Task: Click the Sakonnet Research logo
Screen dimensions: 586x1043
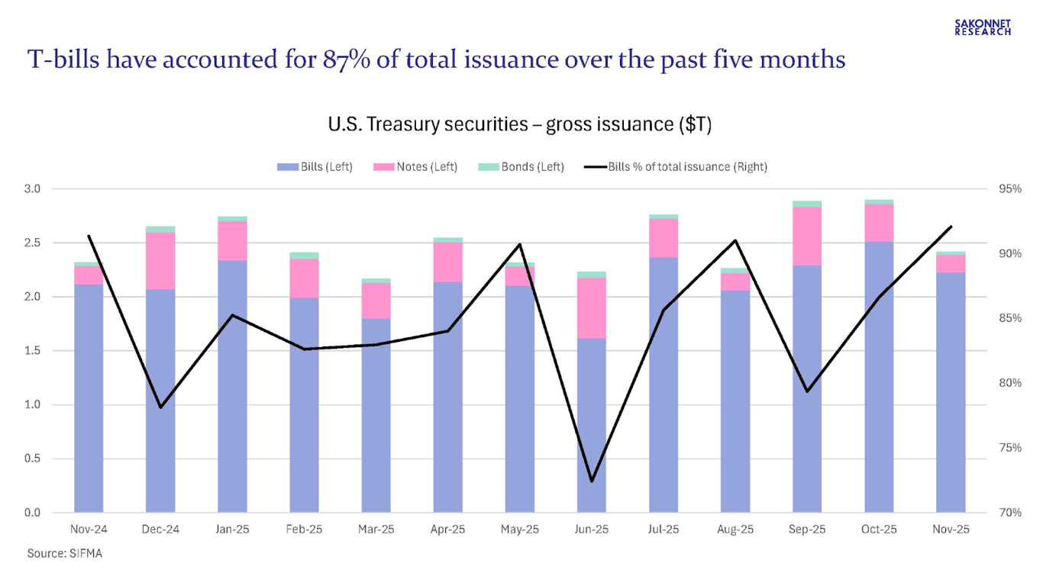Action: [983, 27]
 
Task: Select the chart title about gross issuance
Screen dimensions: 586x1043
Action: [519, 124]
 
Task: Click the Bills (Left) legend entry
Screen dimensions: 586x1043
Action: [315, 166]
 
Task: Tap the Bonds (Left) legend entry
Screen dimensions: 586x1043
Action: [521, 166]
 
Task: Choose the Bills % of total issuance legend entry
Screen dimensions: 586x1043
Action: [676, 166]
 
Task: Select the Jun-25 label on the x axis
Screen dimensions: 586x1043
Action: [592, 529]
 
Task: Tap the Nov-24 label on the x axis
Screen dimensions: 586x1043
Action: [89, 529]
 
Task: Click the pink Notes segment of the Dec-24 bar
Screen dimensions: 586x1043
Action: [160, 260]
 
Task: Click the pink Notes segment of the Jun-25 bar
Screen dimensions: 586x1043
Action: [592, 307]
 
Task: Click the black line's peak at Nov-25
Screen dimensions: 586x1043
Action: [951, 227]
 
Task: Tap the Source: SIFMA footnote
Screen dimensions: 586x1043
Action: [64, 553]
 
